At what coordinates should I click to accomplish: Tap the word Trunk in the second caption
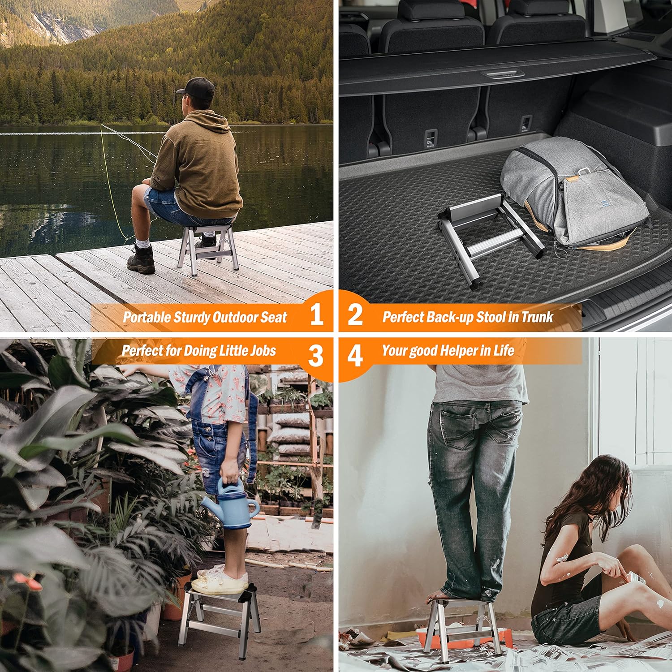pos(537,317)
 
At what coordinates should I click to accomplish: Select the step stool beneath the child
pos(219,620)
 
